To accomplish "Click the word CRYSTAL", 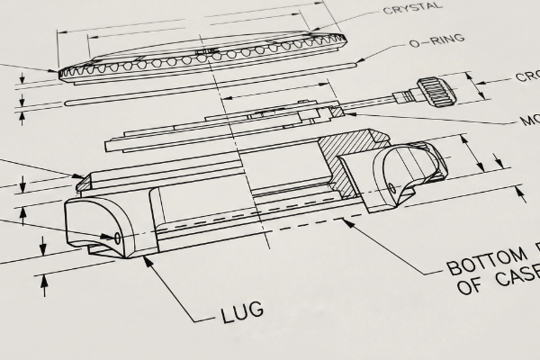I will point(413,7).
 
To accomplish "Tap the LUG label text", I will point(242,312).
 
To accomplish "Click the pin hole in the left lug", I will point(117,238).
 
